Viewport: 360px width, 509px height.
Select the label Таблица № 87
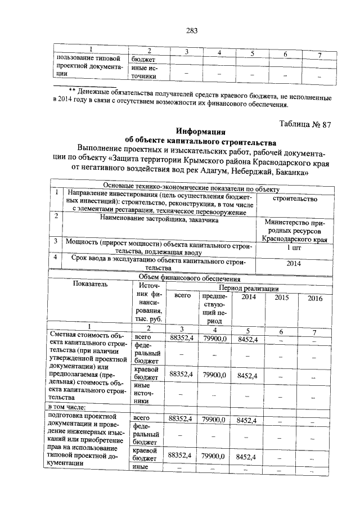tap(304, 125)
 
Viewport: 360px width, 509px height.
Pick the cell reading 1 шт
tap(294, 247)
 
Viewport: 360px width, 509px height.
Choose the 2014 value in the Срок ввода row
tap(294, 263)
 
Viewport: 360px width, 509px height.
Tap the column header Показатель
tap(89, 285)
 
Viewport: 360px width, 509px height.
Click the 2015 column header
tap(281, 298)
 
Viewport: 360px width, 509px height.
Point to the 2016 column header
tap(314, 298)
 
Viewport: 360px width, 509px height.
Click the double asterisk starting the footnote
tap(71, 90)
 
